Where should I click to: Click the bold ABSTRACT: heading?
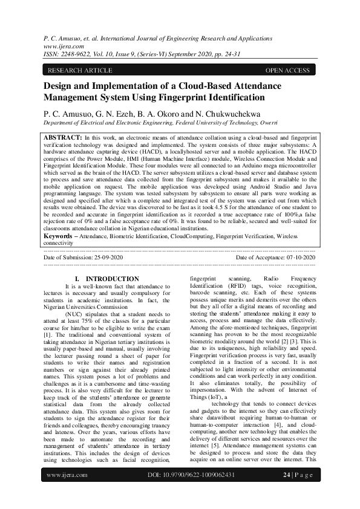[64, 138]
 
